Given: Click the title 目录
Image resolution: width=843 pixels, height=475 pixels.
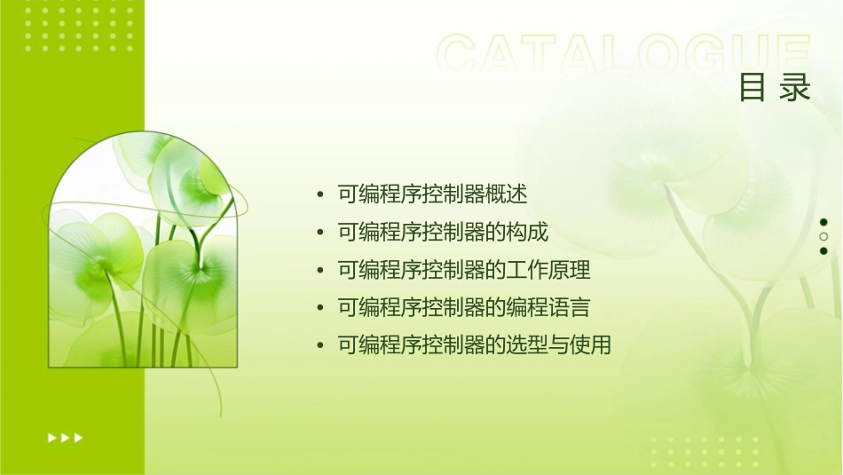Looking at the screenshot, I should point(775,88).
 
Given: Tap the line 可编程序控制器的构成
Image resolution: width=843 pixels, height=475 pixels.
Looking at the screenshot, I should point(443,232).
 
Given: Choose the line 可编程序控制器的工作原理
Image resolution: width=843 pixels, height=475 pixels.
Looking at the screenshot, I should point(463,270).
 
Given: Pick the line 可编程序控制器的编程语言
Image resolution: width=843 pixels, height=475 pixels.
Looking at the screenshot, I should point(463,308).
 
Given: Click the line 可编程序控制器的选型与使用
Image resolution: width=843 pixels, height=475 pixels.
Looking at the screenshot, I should point(474,345).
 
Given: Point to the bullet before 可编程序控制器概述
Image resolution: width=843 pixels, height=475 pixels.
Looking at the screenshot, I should point(319,194).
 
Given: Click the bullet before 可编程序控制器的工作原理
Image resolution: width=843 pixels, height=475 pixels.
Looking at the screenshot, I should point(319,271).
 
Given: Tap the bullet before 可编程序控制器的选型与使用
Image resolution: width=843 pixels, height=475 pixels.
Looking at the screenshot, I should point(319,346).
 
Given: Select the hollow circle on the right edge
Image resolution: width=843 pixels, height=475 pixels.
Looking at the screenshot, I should point(823,237).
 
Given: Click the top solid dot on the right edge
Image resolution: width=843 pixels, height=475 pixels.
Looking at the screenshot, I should point(823,222).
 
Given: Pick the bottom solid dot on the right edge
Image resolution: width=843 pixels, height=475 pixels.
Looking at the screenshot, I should point(823,251).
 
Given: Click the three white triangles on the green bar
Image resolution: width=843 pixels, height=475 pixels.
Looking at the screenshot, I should point(65,437).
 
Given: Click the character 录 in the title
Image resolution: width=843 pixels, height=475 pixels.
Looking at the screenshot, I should point(796,88).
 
